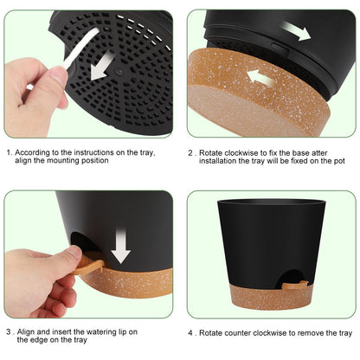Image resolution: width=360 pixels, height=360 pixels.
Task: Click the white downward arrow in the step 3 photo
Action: point(120,244)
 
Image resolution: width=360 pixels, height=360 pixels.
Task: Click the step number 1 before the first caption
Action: point(9,151)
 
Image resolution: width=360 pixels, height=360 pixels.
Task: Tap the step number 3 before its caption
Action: point(9,331)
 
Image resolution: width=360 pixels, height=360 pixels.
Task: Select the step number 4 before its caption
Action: point(191,331)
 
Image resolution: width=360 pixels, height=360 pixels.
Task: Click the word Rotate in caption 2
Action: point(213,151)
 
